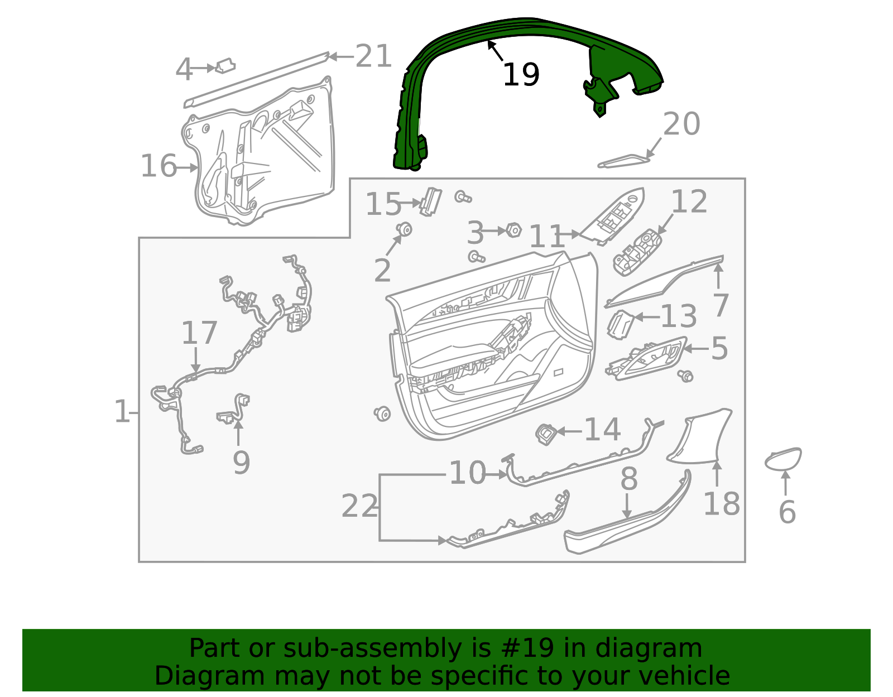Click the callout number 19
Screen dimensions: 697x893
click(x=521, y=75)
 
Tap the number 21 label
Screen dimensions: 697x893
click(x=373, y=56)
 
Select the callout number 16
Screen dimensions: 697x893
click(x=159, y=166)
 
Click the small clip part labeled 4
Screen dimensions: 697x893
click(x=225, y=66)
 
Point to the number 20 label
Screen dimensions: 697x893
click(x=681, y=124)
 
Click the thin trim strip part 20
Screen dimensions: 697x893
click(x=623, y=161)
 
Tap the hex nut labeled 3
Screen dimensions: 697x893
click(x=513, y=230)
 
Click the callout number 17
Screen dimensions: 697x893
click(x=199, y=333)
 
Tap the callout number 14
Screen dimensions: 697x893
click(x=602, y=430)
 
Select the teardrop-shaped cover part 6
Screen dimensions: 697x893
click(x=783, y=459)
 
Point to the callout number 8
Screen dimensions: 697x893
click(x=629, y=479)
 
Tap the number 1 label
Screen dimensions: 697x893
click(x=122, y=412)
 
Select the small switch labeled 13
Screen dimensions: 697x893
click(x=619, y=325)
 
